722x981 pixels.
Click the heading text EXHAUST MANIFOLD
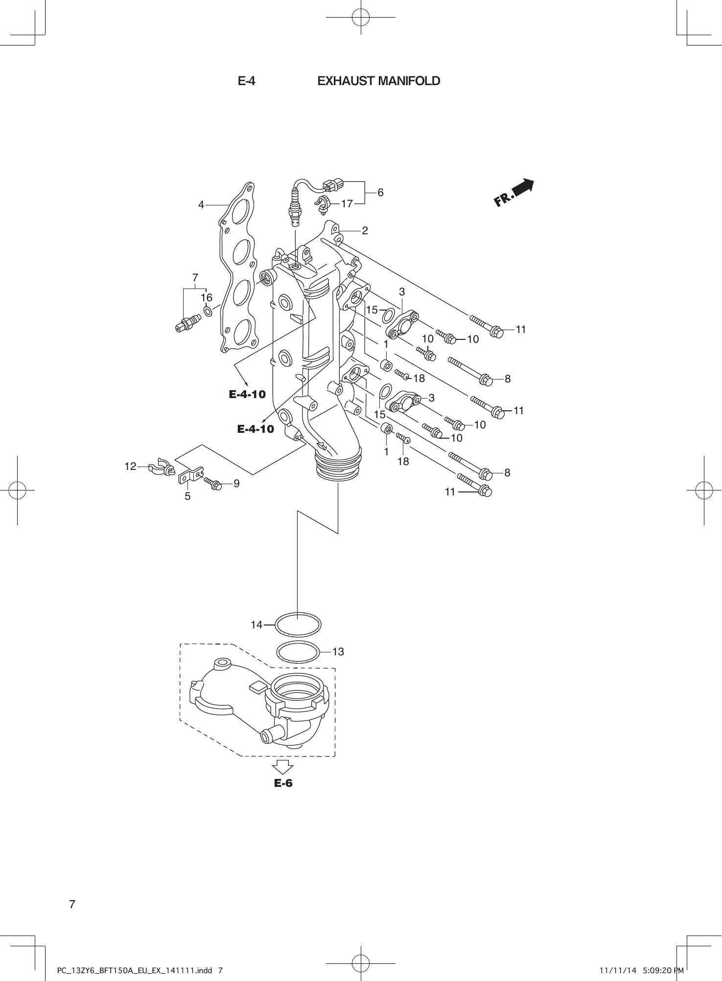point(378,81)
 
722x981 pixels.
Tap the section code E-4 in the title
point(246,81)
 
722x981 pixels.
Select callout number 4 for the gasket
point(201,205)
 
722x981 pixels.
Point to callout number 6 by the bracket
point(380,193)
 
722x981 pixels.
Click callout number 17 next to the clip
point(347,204)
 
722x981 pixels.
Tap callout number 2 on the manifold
point(365,230)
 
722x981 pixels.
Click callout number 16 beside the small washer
point(207,297)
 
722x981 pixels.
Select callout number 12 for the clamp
point(130,467)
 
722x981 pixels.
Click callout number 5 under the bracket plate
point(187,496)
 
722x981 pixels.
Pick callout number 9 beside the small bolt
point(236,484)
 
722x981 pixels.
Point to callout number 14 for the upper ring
point(256,624)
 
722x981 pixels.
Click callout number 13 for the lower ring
point(338,652)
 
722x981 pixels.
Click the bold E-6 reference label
point(283,783)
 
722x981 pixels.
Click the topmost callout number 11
point(520,330)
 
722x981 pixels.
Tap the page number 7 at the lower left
point(72,904)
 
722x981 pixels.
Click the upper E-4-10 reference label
point(247,394)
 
